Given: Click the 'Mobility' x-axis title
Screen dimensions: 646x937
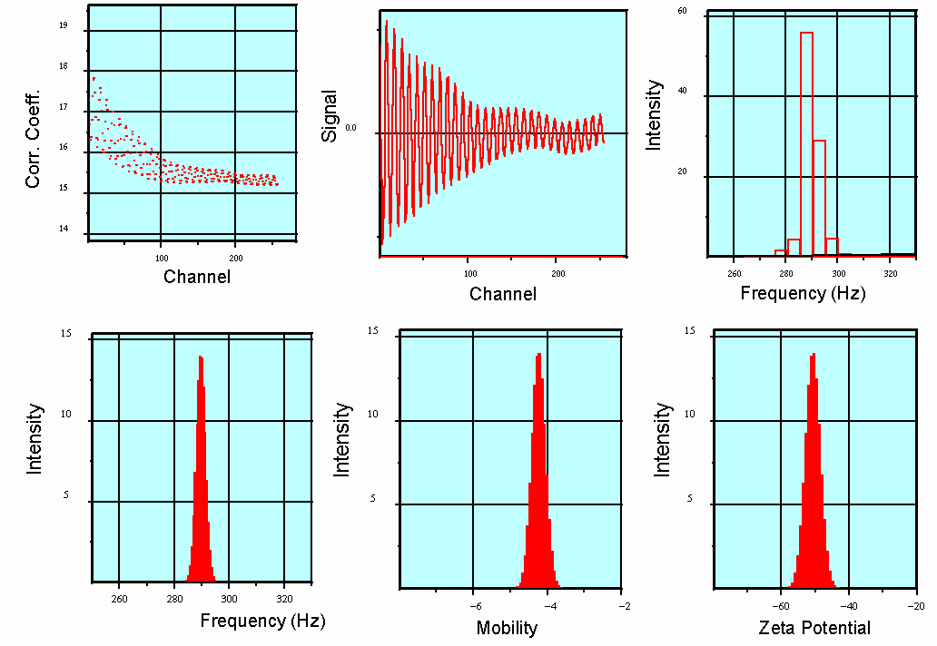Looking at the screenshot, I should pos(507,628).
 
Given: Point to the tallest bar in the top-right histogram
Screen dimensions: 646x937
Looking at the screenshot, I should pos(806,145).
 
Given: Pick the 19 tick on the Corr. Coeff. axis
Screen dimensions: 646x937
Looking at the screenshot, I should pos(64,26).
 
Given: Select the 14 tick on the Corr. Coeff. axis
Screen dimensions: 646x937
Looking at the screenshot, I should pos(64,230).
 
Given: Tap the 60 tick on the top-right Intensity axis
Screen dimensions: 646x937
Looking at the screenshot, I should pos(681,11).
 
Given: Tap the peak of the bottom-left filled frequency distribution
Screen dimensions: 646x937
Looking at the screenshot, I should pos(200,358).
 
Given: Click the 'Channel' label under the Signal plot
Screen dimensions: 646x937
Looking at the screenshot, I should pos(503,294).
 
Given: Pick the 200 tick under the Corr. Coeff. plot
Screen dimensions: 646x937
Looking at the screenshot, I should pos(235,258).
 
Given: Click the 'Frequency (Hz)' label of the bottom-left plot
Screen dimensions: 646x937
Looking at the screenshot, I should pos(262,622).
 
